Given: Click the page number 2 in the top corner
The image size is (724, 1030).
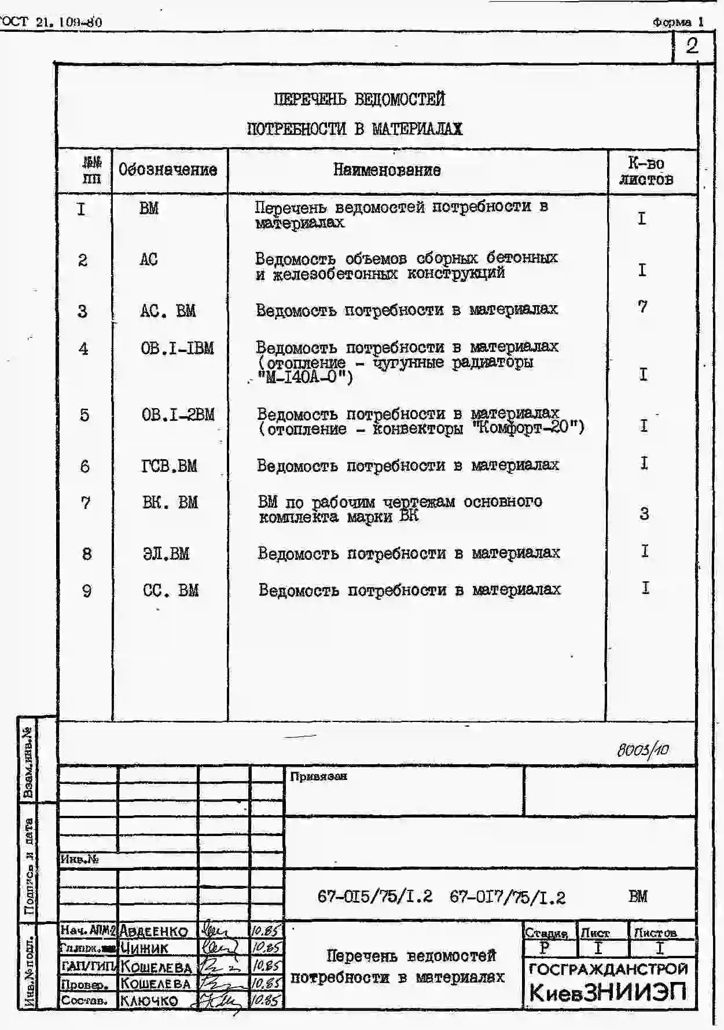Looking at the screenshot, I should pos(692,46).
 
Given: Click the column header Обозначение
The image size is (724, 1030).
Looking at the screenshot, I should pos(168,170).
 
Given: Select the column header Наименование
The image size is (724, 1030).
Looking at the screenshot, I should pos(387,170).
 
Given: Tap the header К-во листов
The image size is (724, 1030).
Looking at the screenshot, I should pos(646,171).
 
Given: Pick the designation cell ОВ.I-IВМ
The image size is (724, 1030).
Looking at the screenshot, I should pos(177,349).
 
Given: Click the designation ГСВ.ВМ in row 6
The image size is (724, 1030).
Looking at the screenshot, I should pos(169,466).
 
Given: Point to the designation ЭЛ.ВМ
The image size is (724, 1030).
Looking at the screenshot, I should pos(166,554).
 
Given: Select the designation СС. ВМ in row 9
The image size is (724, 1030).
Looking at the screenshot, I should pos(170,591).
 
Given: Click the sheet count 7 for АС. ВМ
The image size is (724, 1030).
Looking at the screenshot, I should pos(642,307).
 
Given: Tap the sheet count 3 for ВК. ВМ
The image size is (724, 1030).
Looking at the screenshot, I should pos(644,514).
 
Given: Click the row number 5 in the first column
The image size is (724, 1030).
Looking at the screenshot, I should pos(84,415).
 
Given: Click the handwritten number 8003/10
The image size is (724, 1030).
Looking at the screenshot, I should pos(642,750).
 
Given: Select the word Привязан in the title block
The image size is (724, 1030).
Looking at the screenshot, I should pos(318,776).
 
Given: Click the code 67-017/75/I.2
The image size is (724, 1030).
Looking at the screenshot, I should pos(507,897).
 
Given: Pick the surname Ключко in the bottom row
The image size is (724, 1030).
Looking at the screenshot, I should pos(149,1000).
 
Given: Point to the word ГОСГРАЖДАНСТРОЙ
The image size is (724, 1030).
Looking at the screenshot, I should pos(608,969).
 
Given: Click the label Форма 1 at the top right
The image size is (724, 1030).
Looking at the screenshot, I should pos(678,22).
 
